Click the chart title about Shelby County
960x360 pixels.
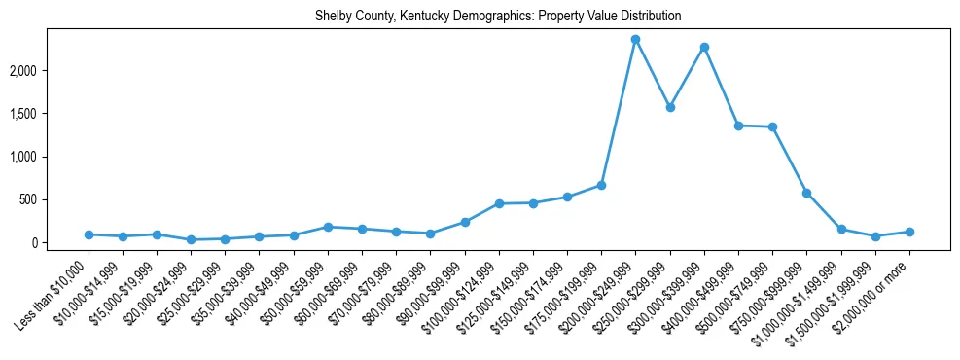pyautogui.click(x=497, y=16)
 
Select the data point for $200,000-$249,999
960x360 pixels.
pyautogui.click(x=635, y=39)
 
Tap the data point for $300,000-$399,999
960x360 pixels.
pyautogui.click(x=704, y=47)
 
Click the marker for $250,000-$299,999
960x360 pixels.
pyautogui.click(x=670, y=107)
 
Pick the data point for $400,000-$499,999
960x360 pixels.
pyautogui.click(x=738, y=126)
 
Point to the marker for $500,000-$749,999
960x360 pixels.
pyautogui.click(x=772, y=126)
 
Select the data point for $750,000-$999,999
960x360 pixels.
pyautogui.click(x=806, y=193)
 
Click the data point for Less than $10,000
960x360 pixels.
pyautogui.click(x=89, y=234)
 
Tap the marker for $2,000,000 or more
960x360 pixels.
pyautogui.click(x=909, y=232)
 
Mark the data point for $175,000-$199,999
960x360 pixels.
pyautogui.click(x=601, y=185)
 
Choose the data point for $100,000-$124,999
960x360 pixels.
pyautogui.click(x=499, y=203)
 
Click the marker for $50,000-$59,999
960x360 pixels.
pyautogui.click(x=328, y=227)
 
